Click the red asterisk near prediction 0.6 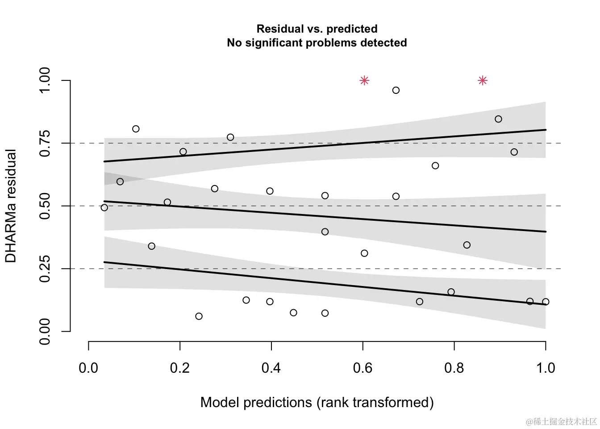pos(364,80)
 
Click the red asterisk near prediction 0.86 pos(483,80)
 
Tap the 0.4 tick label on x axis pos(271,368)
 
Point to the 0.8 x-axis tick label pos(454,368)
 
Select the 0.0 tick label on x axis pos(88,368)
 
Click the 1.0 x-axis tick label pos(545,368)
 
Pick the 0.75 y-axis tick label pos(45,143)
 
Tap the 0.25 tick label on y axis pos(45,269)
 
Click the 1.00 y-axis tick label pos(45,80)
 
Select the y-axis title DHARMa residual pos(11,206)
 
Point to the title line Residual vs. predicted pos(317,29)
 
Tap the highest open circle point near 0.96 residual pos(396,90)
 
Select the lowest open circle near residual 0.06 pos(199,316)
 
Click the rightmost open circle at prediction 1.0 pos(546,302)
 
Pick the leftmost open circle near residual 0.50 pos(104,207)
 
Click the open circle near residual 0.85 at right pos(498,119)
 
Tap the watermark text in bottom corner pos(561,421)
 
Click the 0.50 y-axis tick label pos(45,206)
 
